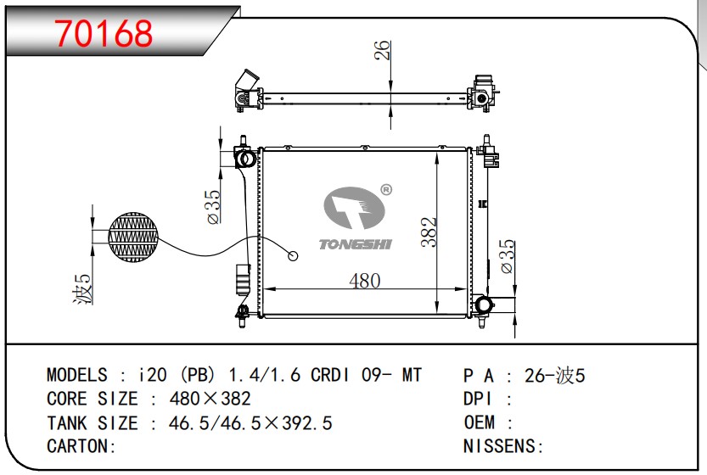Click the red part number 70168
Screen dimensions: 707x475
click(x=104, y=34)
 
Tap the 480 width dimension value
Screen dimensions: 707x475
click(x=365, y=281)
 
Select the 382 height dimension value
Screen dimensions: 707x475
click(x=429, y=232)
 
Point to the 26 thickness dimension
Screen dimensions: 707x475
click(x=382, y=50)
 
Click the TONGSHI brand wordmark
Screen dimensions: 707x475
click(x=356, y=244)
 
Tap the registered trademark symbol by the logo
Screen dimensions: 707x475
click(x=386, y=190)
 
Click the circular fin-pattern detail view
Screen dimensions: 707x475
click(x=133, y=237)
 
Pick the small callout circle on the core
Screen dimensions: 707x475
click(x=293, y=256)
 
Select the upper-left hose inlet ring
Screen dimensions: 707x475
click(x=247, y=159)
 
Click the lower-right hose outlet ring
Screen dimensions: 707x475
click(x=484, y=305)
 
